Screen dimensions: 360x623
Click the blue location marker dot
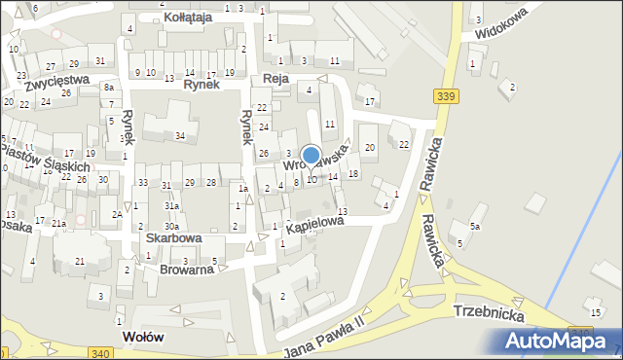(311, 155)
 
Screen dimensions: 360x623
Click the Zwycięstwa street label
(57, 82)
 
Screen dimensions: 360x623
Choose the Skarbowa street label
(173, 237)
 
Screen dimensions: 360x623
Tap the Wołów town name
(142, 337)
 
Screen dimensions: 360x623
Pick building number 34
(179, 135)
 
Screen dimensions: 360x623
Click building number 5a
(475, 226)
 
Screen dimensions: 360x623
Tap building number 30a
(170, 254)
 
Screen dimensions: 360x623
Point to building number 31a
(171, 206)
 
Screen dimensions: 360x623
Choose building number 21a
(58, 224)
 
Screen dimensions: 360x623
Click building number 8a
(109, 88)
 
